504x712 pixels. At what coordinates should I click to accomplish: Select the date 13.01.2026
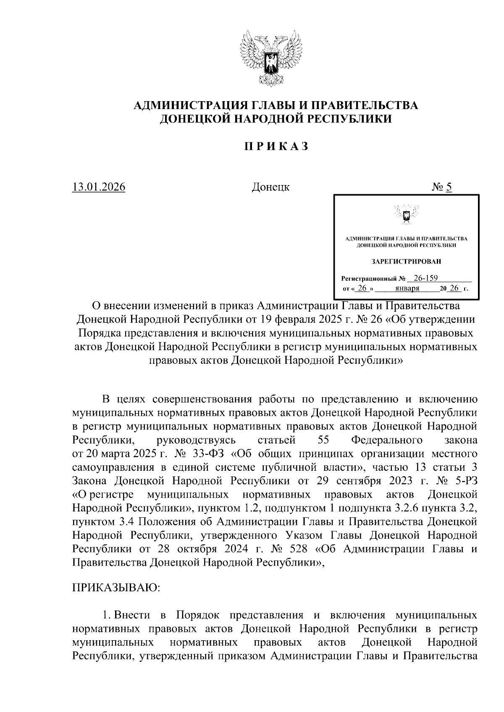point(99,187)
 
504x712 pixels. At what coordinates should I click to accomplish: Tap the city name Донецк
point(270,187)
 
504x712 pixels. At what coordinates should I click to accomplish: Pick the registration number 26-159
point(426,278)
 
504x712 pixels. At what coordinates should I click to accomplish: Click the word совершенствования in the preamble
point(194,399)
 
